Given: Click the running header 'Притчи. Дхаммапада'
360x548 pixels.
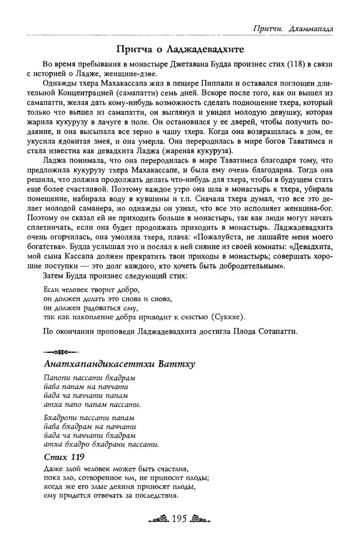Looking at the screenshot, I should (x=293, y=28).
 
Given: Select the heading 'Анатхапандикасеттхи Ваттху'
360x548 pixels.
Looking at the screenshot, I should (x=120, y=364).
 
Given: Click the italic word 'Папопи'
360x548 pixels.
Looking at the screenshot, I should (x=59, y=379).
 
